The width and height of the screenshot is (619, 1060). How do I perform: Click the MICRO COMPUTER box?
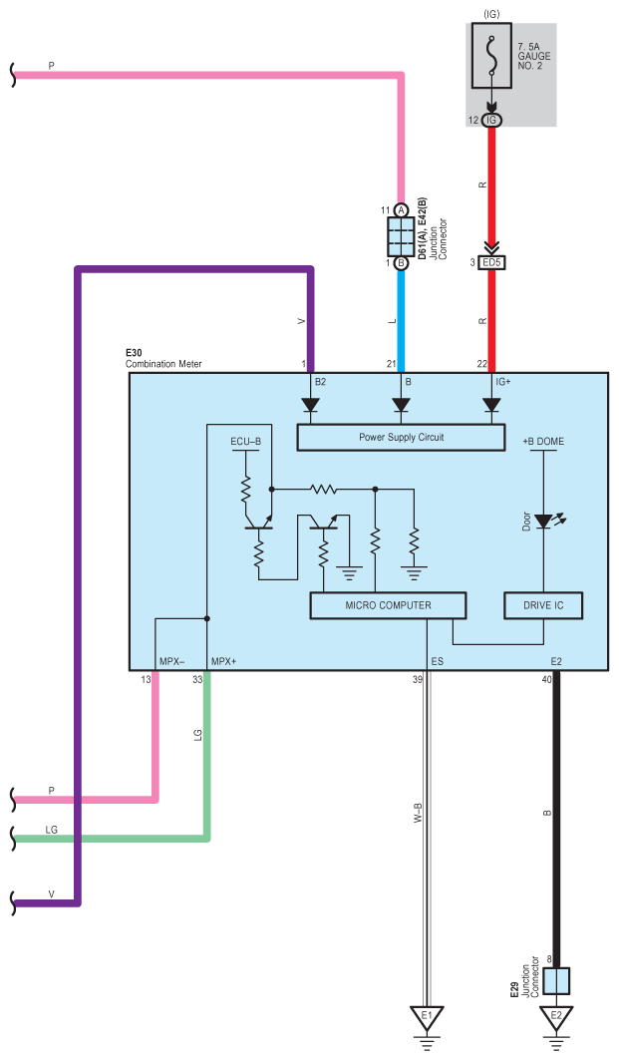click(388, 605)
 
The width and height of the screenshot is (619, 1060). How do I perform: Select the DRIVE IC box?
click(543, 605)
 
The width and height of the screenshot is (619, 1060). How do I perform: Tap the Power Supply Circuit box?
click(401, 438)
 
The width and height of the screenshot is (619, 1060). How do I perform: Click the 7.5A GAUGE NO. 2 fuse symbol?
click(491, 56)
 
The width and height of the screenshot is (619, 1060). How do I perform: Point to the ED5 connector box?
click(492, 262)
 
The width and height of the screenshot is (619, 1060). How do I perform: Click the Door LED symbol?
click(546, 521)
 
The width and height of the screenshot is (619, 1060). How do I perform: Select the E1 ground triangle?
click(427, 1018)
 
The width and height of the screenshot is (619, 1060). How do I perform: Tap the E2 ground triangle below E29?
click(556, 1018)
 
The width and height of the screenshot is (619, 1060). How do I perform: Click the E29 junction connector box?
click(557, 981)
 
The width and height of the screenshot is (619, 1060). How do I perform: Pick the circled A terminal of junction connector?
click(402, 210)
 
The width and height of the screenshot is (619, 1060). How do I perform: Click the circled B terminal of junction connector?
click(402, 262)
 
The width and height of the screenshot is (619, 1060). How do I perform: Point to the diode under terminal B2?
click(311, 405)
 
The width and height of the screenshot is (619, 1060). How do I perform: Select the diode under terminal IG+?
click(491, 405)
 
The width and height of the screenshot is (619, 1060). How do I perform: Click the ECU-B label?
click(246, 442)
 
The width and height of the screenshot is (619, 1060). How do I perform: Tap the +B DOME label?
click(543, 442)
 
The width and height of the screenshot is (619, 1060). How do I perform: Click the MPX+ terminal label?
click(223, 661)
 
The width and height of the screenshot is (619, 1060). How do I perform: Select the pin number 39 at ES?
click(417, 679)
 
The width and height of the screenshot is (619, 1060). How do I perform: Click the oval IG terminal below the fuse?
click(491, 121)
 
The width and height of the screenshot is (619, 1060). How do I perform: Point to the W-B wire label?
click(418, 813)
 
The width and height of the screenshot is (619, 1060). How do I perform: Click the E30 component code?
click(134, 353)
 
